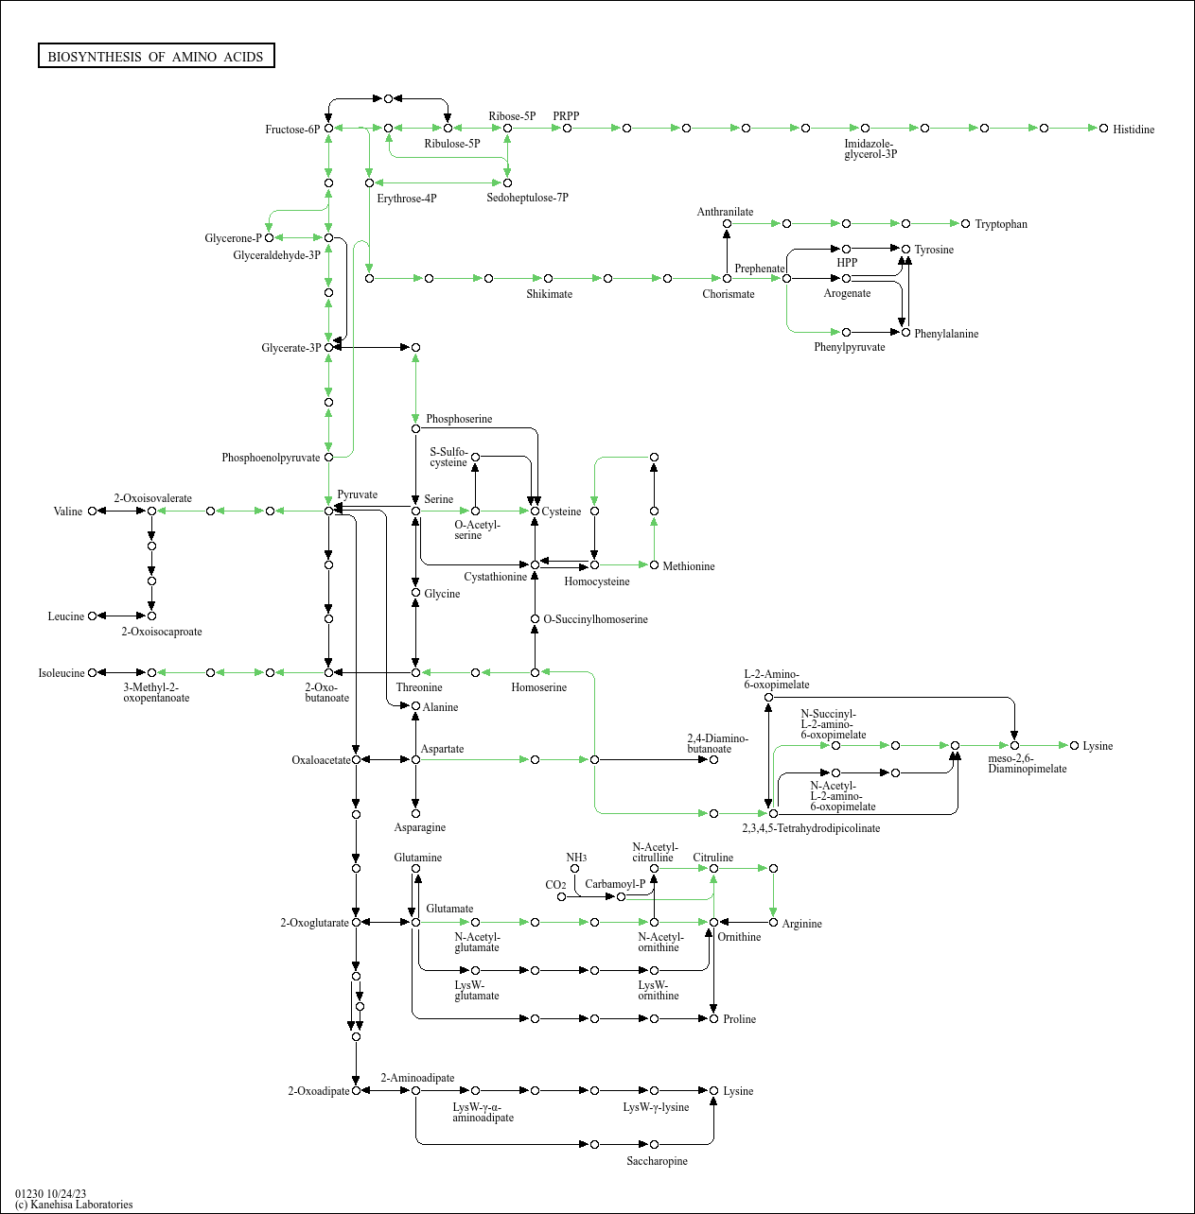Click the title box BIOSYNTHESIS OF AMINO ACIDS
click(x=156, y=57)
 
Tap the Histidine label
click(x=1133, y=130)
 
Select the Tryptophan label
click(x=1001, y=224)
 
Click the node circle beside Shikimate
click(x=548, y=278)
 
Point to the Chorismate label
click(x=729, y=294)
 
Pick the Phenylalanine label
click(x=946, y=334)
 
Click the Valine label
click(x=68, y=512)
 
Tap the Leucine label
click(x=66, y=616)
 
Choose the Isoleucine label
click(x=62, y=673)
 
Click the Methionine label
click(x=689, y=566)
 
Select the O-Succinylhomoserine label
click(x=596, y=619)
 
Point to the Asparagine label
click(x=420, y=827)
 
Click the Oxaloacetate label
click(x=321, y=760)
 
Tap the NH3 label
click(x=576, y=858)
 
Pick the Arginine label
click(x=801, y=924)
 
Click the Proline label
click(x=739, y=1019)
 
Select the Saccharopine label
click(x=657, y=1161)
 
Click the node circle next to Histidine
click(x=1103, y=128)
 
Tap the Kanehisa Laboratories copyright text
click(x=74, y=1205)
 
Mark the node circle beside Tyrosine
click(x=905, y=250)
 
